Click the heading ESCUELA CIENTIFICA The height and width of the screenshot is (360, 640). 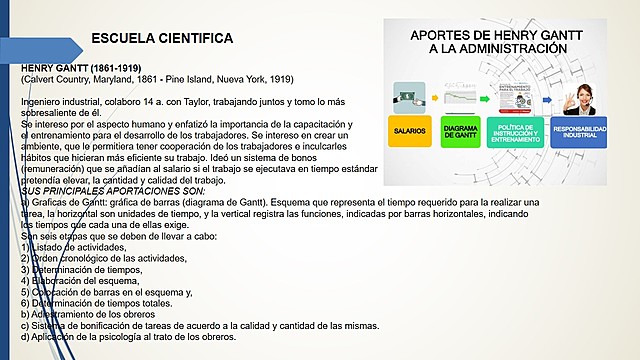click(162, 38)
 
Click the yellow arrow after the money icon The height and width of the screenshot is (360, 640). click(434, 95)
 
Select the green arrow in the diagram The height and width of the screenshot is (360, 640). click(486, 95)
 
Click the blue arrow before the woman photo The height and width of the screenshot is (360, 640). click(548, 95)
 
